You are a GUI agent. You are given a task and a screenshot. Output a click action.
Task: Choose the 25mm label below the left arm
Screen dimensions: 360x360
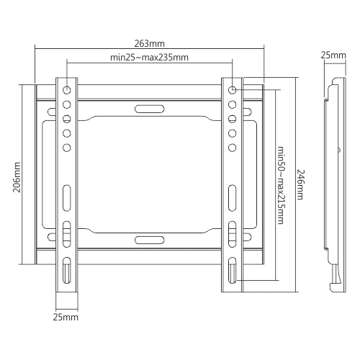(66, 317)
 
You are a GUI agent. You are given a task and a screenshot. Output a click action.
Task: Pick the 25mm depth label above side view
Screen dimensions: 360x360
(333, 55)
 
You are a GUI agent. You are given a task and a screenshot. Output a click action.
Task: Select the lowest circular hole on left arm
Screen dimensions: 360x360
(66, 148)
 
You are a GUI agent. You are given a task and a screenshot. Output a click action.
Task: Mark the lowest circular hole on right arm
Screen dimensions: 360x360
(233, 148)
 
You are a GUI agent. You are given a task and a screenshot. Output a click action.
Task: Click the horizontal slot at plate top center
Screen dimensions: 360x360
(149, 109)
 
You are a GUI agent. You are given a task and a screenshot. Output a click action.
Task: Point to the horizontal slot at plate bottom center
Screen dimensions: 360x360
(149, 239)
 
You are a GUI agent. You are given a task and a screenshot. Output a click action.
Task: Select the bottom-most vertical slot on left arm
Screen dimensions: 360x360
(66, 271)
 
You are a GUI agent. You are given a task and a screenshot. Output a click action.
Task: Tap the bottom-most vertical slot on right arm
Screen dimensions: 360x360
(233, 271)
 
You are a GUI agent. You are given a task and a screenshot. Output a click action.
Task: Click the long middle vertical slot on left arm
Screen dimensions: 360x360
(66, 197)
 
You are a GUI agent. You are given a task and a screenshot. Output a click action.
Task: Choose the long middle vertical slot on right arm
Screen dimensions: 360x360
(233, 197)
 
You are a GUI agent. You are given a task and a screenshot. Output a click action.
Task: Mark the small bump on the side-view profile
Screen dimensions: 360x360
(338, 150)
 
